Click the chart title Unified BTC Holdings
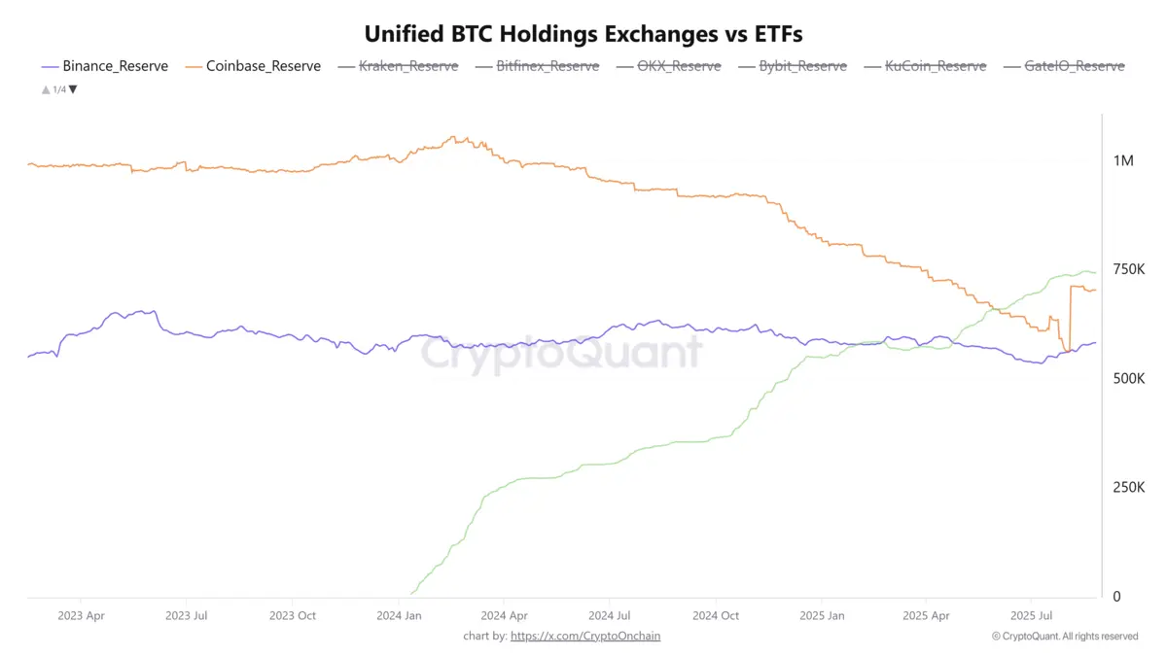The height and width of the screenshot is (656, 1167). [x=583, y=33]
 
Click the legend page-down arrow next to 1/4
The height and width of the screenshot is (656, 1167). [x=73, y=89]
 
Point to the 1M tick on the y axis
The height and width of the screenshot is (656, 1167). [x=1123, y=160]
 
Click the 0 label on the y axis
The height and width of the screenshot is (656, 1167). [x=1117, y=596]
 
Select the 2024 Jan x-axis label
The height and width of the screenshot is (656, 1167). [x=400, y=615]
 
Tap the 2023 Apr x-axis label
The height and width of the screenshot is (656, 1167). [x=82, y=615]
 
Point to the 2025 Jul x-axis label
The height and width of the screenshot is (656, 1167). [x=1032, y=615]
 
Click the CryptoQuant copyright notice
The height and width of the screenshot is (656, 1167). [x=1065, y=636]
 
